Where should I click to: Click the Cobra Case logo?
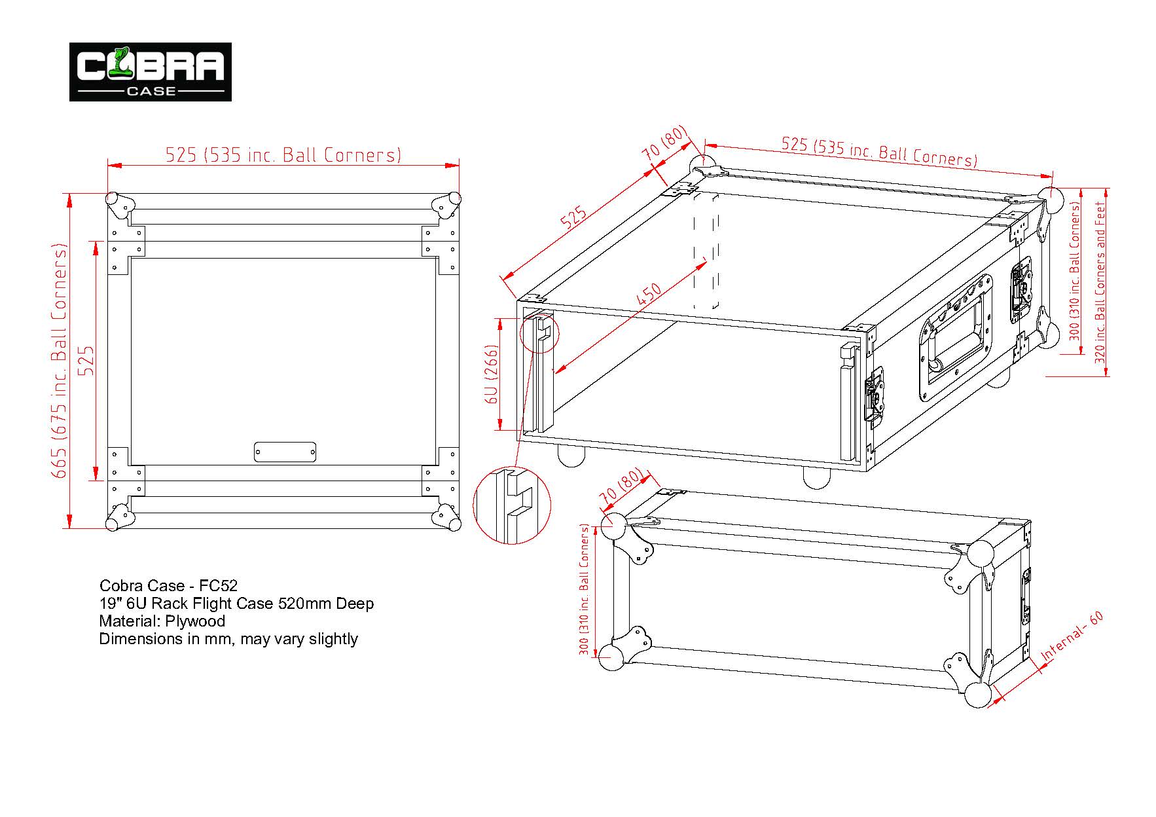[151, 71]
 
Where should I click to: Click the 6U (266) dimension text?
[493, 374]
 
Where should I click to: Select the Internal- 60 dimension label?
[1072, 636]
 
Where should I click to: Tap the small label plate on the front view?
[285, 452]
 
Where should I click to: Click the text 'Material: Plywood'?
[162, 621]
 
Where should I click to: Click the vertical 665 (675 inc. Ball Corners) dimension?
[60, 361]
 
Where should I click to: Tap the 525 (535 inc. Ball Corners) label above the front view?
[283, 155]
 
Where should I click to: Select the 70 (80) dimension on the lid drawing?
[621, 487]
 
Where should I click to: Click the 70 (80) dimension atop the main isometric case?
[665, 143]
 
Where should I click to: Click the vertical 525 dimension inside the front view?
[86, 361]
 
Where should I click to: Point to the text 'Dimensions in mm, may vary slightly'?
[228, 638]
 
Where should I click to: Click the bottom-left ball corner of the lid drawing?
[613, 656]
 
